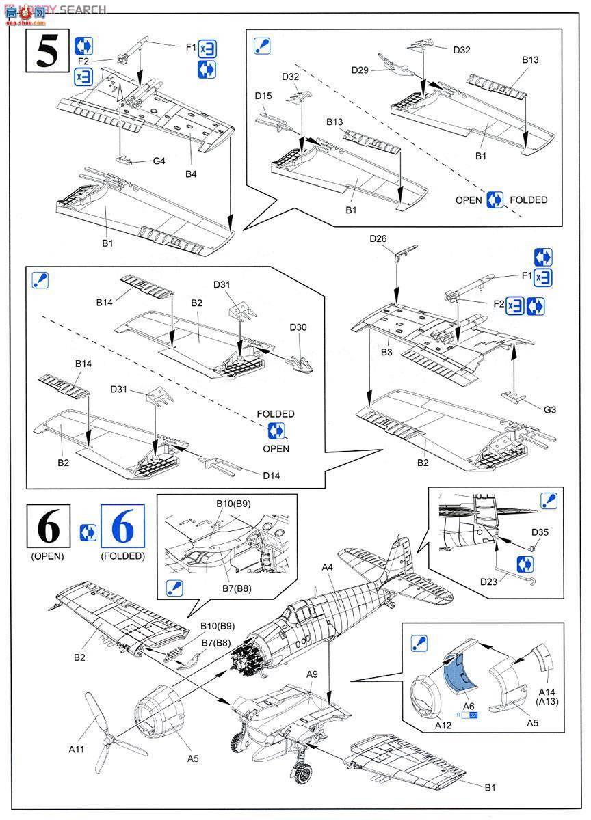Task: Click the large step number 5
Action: tap(47, 52)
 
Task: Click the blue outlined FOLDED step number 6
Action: tap(122, 528)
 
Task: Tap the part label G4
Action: tap(159, 161)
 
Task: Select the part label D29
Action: tap(361, 70)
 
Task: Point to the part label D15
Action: tap(264, 96)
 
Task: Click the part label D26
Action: tap(378, 238)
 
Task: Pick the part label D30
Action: tap(298, 327)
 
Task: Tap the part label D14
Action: tap(271, 475)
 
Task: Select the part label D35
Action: tap(540, 532)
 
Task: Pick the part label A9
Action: tap(312, 674)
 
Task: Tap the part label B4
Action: tap(191, 174)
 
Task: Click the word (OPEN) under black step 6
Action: tap(47, 556)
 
